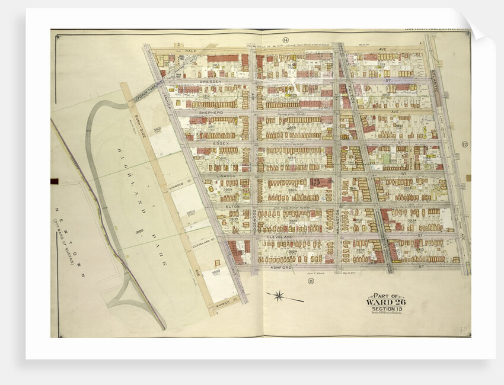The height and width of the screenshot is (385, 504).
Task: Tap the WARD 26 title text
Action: click(x=386, y=302)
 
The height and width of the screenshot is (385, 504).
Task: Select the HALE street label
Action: click(x=190, y=52)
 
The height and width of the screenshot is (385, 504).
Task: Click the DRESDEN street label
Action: click(x=210, y=81)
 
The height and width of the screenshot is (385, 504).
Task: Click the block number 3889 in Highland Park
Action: click(x=139, y=231)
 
